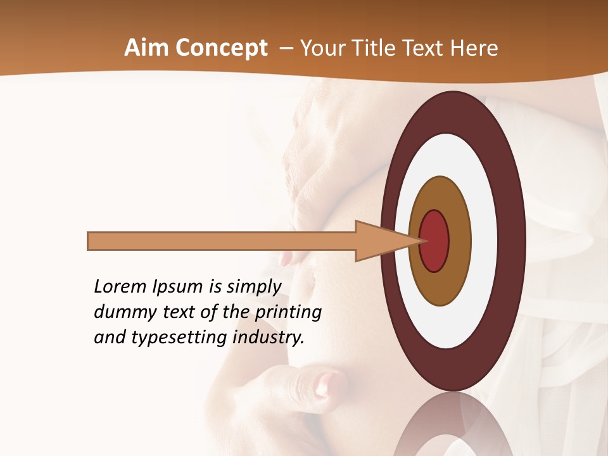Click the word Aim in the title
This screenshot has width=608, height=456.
pos(146,48)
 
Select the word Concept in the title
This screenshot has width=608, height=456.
pos(221,48)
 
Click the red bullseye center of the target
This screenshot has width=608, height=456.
pos(434,241)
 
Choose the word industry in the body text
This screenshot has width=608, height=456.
pos(269,338)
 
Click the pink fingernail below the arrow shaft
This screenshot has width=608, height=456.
pos(286,258)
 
